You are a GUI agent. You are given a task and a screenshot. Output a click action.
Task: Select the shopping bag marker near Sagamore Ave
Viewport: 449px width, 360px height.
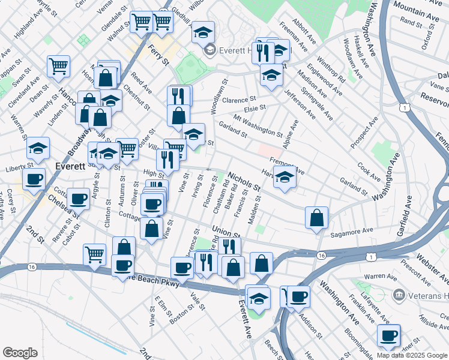pos(316,218)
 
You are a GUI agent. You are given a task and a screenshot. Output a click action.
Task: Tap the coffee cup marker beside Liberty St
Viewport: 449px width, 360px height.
pos(34,178)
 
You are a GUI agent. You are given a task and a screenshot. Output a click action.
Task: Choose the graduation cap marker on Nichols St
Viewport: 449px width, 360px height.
pos(285,177)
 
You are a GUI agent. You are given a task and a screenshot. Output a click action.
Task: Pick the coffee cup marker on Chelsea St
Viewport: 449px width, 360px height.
pos(78,198)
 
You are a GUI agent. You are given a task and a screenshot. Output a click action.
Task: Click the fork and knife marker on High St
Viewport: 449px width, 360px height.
pos(167,159)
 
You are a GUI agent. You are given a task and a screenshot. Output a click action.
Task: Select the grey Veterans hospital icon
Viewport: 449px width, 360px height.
pos(399,295)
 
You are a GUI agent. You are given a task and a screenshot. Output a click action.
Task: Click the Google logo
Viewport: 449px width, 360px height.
pos(20,353)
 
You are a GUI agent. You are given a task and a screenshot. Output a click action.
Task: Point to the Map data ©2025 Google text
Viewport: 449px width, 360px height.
pos(411,355)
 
